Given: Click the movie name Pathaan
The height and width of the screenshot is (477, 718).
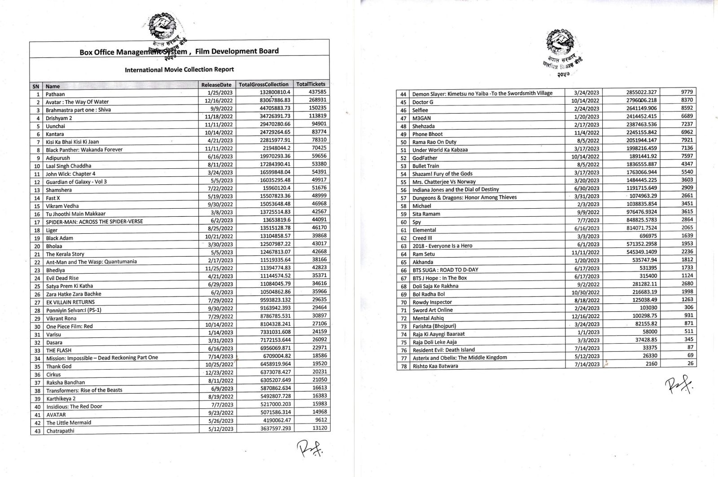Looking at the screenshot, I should click(x=55, y=94).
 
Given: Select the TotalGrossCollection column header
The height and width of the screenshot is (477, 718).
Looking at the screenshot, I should click(x=263, y=84).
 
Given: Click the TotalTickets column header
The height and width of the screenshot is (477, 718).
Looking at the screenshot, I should click(x=311, y=84).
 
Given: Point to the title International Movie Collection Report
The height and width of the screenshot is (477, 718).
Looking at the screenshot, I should click(x=179, y=70).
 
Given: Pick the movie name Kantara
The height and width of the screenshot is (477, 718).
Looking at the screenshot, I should click(x=55, y=134).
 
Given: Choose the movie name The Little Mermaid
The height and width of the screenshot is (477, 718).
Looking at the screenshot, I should click(x=69, y=423).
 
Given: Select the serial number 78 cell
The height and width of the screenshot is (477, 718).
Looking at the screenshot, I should click(x=403, y=366).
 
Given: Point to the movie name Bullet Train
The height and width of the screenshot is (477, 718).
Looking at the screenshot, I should click(x=425, y=166).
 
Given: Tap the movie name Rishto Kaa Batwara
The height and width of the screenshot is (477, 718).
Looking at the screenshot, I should click(x=435, y=366).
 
